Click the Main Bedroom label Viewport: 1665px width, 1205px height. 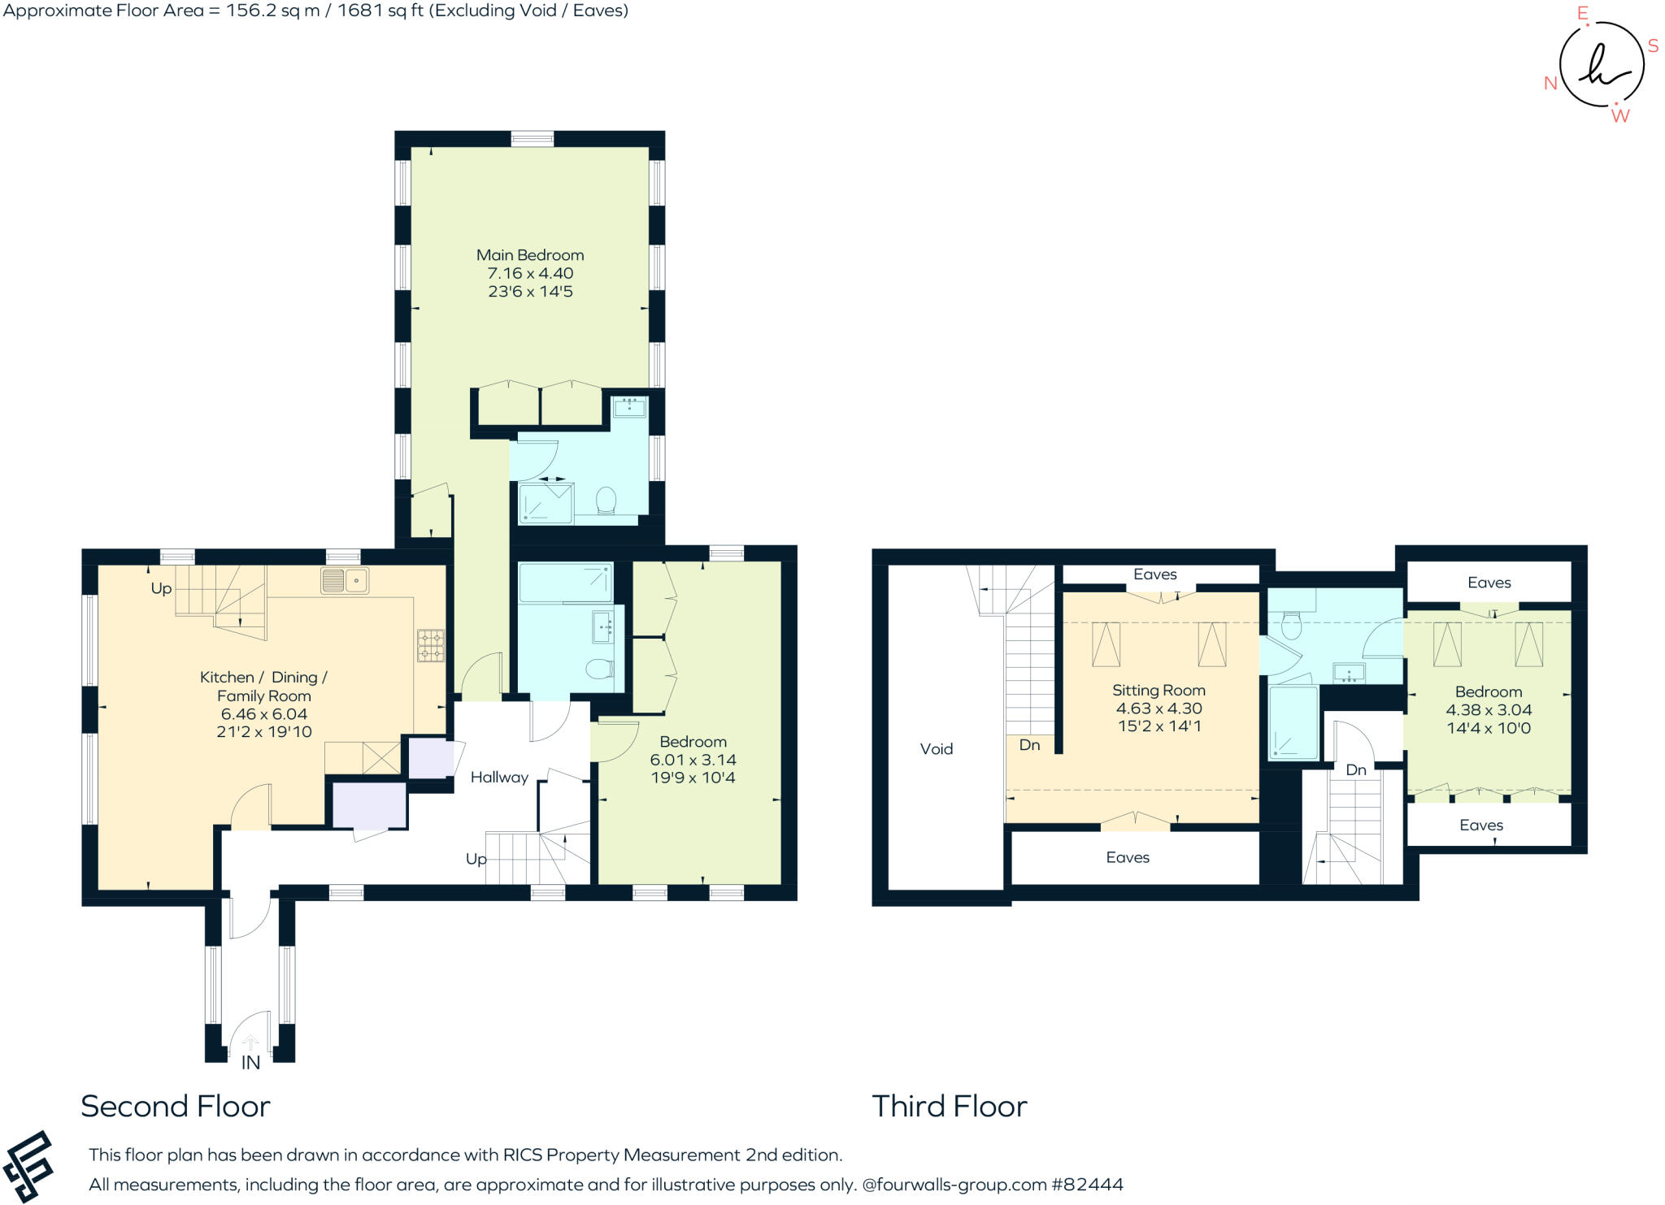point(530,255)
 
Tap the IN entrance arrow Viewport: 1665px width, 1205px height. point(250,1042)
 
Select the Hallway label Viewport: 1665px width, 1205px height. point(499,778)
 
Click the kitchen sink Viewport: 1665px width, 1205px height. point(346,581)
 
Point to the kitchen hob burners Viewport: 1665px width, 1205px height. point(431,645)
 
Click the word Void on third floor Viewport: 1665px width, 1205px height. point(936,749)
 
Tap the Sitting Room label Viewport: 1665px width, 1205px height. point(1159,691)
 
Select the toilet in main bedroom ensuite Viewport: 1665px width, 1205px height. point(606,499)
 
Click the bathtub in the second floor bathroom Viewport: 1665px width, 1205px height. point(565,583)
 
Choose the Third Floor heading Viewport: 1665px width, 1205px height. point(949,1107)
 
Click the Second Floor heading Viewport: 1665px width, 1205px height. point(176,1107)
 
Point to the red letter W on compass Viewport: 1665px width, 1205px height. point(1620,116)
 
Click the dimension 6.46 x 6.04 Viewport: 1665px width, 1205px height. point(264,714)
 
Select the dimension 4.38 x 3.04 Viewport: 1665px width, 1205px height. point(1489,710)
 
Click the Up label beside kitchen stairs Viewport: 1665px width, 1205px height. point(161,588)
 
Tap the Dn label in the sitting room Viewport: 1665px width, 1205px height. point(1029,745)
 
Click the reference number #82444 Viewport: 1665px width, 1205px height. point(1087,1185)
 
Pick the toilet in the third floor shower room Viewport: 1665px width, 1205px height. point(1291,626)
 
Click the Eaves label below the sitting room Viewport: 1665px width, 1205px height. point(1128,857)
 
